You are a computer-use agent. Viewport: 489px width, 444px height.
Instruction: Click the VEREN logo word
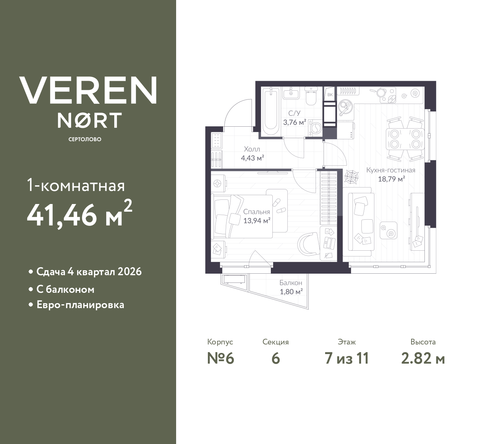(x=88, y=90)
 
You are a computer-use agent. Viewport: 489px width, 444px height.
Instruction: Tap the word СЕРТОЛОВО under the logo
(x=85, y=139)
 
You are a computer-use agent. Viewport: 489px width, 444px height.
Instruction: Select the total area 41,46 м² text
(x=79, y=214)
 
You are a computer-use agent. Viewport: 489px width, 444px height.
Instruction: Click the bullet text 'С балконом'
(x=65, y=289)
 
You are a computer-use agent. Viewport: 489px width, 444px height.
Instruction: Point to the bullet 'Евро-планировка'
(x=80, y=305)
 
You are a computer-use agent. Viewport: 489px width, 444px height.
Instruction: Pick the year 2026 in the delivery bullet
(x=130, y=272)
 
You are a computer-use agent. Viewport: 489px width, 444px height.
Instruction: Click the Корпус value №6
(x=220, y=359)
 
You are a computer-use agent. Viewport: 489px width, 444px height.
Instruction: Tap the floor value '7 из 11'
(x=347, y=359)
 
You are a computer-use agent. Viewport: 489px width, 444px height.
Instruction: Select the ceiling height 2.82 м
(x=423, y=359)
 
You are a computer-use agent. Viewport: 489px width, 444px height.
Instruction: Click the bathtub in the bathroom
(x=271, y=111)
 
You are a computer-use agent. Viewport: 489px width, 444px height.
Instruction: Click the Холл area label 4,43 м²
(x=253, y=158)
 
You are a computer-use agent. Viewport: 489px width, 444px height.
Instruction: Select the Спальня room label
(x=257, y=212)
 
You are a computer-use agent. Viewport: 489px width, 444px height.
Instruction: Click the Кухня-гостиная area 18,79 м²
(x=391, y=179)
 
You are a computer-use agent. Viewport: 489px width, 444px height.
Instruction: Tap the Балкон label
(x=291, y=283)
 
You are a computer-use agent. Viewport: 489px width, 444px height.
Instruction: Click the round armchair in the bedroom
(x=309, y=244)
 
